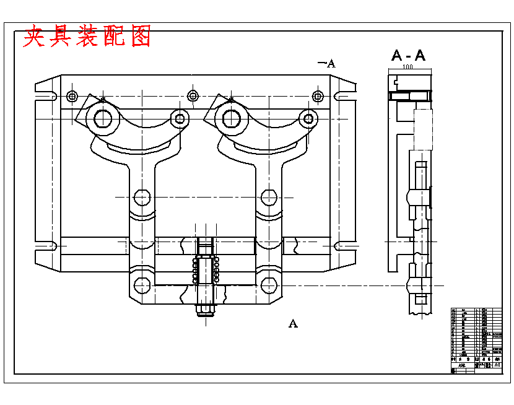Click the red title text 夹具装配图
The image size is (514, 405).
tap(87, 37)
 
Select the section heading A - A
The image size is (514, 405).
tap(408, 55)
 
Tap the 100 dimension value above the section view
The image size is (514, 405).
tap(407, 66)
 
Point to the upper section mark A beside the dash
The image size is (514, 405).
tap(331, 63)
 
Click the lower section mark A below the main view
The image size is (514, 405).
tap(293, 323)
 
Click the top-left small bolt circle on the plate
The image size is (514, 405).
tap(72, 96)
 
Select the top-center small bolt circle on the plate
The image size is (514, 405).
tap(193, 95)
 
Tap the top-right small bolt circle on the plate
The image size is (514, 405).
tap(318, 96)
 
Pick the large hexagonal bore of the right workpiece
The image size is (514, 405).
tap(231, 118)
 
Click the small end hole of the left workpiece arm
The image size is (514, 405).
tap(180, 118)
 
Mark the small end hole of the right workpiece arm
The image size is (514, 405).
tap(308, 118)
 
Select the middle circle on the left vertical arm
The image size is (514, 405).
tap(142, 197)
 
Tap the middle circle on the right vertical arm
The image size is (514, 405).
tap(268, 197)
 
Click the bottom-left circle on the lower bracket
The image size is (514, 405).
tap(142, 285)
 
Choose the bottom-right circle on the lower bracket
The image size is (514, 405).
tap(268, 285)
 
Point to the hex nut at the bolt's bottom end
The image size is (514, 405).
tap(205, 308)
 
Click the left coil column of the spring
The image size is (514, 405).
tap(196, 271)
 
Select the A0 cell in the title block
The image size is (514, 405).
tap(497, 365)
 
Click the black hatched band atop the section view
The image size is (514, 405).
tap(409, 96)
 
